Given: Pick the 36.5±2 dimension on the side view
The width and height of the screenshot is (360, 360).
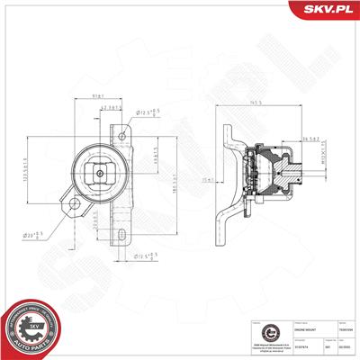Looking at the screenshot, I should (x=310, y=138).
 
